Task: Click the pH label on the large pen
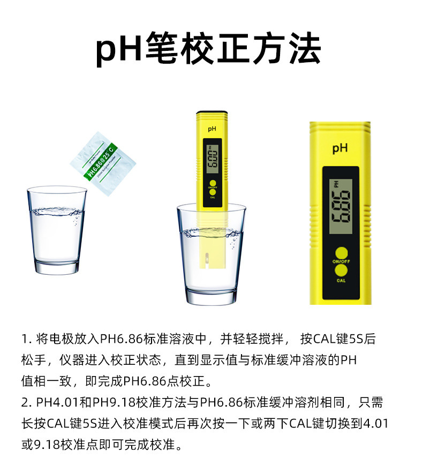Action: [340, 148]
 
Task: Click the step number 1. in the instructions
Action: [27, 339]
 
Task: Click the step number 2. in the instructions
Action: [27, 402]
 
